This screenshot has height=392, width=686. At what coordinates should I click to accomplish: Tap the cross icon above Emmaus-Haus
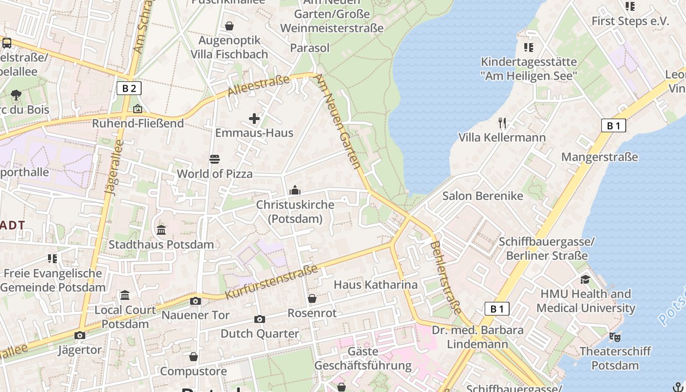pos(254,118)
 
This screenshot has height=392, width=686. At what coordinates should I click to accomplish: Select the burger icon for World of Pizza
pos(215,159)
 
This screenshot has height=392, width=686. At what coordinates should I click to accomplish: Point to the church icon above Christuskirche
pos(295,190)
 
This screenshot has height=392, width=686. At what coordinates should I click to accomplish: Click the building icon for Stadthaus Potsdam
pos(161,230)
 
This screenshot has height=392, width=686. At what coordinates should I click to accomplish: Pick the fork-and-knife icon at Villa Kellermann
pos(502,123)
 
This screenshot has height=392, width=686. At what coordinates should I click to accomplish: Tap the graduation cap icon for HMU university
pos(585,279)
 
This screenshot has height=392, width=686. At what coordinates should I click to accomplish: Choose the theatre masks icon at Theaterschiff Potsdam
pos(615,337)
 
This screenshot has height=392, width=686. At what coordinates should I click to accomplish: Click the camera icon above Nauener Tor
pos(196,301)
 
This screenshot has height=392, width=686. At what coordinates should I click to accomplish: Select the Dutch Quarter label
pos(260,334)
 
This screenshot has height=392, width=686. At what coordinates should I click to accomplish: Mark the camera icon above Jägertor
pos(79,336)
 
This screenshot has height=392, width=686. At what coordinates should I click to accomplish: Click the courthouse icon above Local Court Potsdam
pos(125,295)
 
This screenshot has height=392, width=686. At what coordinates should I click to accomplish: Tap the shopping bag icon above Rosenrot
pos(312,298)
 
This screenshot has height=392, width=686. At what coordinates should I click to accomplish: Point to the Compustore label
pos(194,371)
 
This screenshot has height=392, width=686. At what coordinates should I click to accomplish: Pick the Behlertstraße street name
pos(446,277)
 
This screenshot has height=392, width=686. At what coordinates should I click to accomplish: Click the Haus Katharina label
pos(375,285)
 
